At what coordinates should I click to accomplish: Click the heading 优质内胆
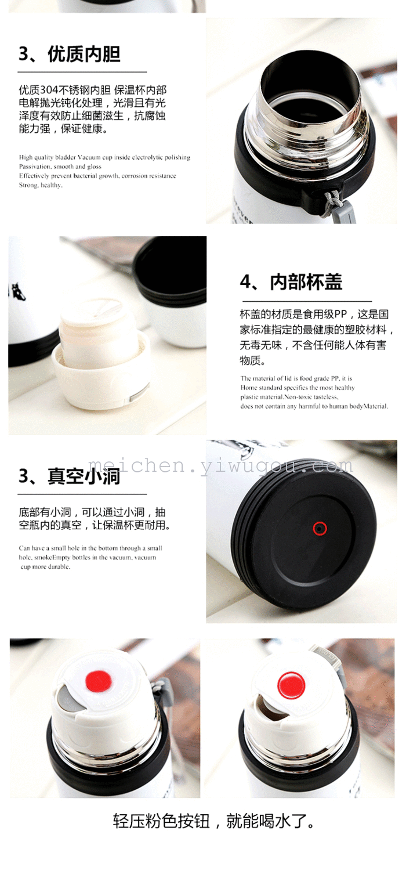pyautogui.click(x=84, y=54)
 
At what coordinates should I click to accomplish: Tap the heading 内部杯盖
pyautogui.click(x=306, y=282)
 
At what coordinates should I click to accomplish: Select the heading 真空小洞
pyautogui.click(x=84, y=476)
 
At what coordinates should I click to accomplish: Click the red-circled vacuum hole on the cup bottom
pyautogui.click(x=319, y=529)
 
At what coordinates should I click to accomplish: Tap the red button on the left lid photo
pyautogui.click(x=99, y=680)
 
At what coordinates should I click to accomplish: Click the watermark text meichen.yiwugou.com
pyautogui.click(x=220, y=465)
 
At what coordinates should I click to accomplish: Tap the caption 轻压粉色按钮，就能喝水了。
pyautogui.click(x=214, y=821)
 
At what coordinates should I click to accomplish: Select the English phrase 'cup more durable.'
pyautogui.click(x=45, y=566)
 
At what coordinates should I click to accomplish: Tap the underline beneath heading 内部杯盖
pyautogui.click(x=307, y=301)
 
